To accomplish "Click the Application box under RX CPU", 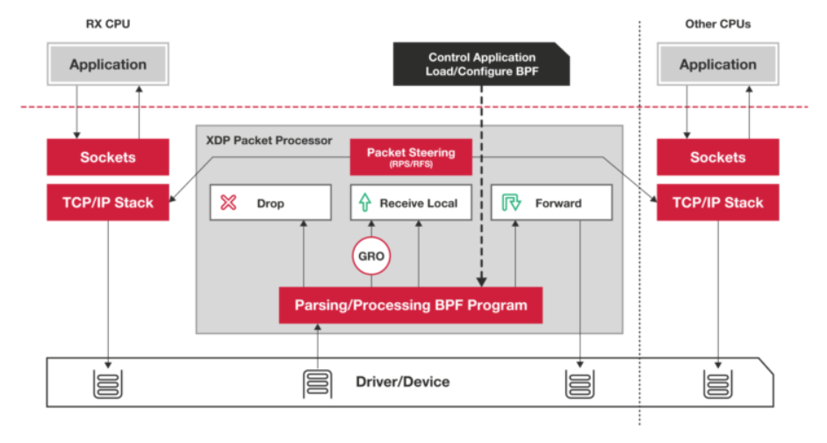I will click(x=108, y=65).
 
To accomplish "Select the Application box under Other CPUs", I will click(x=717, y=65).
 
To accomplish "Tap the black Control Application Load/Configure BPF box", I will click(x=482, y=63).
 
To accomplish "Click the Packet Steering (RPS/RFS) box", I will click(x=411, y=156).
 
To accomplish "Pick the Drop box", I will click(x=270, y=203).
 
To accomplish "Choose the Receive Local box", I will click(x=411, y=203).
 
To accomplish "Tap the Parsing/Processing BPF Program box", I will click(x=411, y=305).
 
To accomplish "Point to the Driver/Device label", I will click(x=403, y=381).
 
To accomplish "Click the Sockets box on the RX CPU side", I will click(x=108, y=157).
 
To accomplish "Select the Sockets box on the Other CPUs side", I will click(x=717, y=157).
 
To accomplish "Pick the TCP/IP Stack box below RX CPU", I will click(x=108, y=203).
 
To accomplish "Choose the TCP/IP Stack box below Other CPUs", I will click(x=717, y=203).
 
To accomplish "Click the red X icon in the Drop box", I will click(x=228, y=203).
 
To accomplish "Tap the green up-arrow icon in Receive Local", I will click(x=365, y=203).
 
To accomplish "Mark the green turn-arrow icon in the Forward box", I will click(x=510, y=203).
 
